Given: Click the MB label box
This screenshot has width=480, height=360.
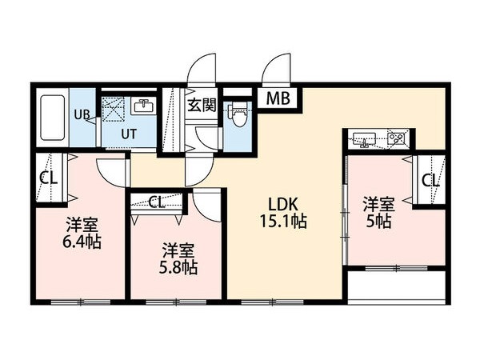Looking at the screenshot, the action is [x=278, y=98].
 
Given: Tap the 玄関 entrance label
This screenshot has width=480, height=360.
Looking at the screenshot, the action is [x=202, y=105].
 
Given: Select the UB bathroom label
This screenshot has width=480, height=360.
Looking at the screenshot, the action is [x=82, y=114].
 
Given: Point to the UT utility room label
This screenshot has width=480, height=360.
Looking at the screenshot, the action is [x=129, y=134].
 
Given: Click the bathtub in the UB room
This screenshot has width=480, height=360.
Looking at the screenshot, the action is [x=53, y=118].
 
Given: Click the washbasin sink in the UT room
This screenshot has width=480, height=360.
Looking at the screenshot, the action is [x=143, y=106].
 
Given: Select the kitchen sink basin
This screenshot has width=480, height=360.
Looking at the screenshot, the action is [x=364, y=138].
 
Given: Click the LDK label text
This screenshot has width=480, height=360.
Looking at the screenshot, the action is [x=283, y=203].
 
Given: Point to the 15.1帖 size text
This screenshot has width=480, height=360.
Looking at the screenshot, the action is [x=283, y=221].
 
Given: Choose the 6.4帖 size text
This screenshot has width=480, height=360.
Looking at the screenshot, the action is [x=82, y=242].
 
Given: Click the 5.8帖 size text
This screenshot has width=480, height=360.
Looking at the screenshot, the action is [x=178, y=267].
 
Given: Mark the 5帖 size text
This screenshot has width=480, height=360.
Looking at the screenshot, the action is [x=378, y=222].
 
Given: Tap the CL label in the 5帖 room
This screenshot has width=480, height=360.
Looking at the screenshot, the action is [x=430, y=181].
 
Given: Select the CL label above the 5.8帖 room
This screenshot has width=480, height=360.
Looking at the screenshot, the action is [x=157, y=202].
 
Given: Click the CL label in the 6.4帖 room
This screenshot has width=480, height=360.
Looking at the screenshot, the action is [x=49, y=178].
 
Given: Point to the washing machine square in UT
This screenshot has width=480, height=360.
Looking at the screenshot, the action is [x=113, y=110].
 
